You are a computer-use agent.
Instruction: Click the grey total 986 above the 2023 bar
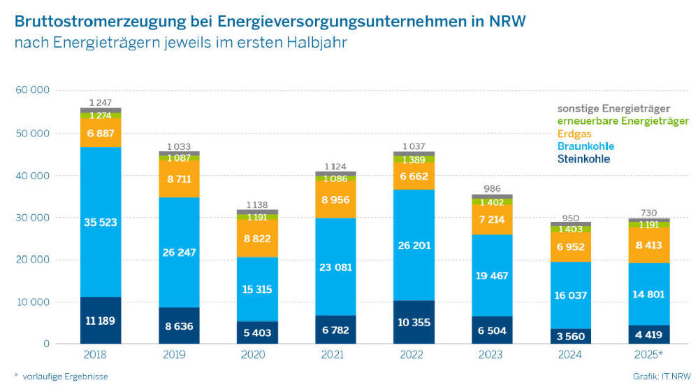[x=492, y=189]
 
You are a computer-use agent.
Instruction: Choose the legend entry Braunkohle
[x=586, y=146]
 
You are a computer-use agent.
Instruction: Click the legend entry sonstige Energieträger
[x=613, y=108]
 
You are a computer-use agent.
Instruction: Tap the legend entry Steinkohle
[x=583, y=159]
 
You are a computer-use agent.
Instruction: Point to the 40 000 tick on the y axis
[x=31, y=176]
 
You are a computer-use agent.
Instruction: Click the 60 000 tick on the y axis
[x=31, y=91]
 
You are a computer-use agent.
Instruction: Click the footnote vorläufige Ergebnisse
[x=65, y=377]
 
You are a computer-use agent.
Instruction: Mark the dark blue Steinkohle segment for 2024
[x=571, y=337]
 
